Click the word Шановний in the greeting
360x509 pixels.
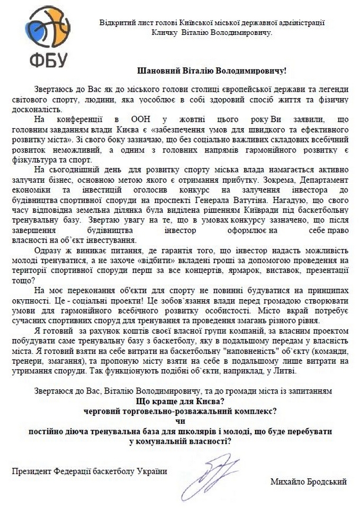157,70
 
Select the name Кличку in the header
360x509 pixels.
165,32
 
